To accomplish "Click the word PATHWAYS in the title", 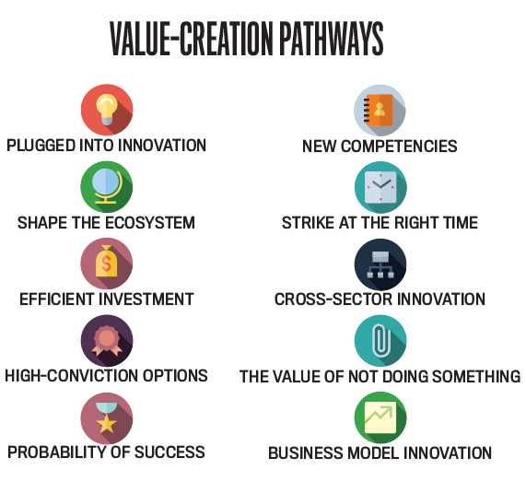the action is (x=331, y=39).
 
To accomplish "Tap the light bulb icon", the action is (x=107, y=110).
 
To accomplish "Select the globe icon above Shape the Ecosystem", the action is (x=107, y=186).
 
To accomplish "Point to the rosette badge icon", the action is (x=107, y=340).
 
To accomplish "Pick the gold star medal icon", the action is (x=106, y=417).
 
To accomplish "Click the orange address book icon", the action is (x=379, y=110).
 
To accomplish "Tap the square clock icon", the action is (x=380, y=187).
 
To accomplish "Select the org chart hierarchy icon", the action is (x=380, y=264).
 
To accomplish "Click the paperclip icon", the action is (x=381, y=340).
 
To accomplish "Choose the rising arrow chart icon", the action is (x=380, y=418).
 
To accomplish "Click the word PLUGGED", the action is (x=41, y=146).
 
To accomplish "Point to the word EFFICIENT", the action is (x=55, y=299).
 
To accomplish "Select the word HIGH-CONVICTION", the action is (x=71, y=376).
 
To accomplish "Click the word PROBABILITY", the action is (x=57, y=452).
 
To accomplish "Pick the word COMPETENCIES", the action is (x=399, y=147).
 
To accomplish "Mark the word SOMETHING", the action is (x=476, y=376).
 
